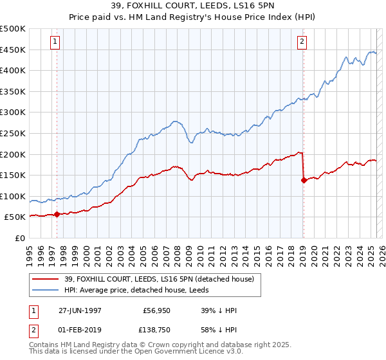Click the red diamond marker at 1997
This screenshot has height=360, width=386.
(x=57, y=214)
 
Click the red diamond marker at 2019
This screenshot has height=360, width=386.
(x=303, y=180)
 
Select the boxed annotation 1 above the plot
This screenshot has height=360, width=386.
(x=55, y=42)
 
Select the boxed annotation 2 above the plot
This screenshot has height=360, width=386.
(x=302, y=42)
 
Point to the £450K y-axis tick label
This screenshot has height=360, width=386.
(x=13, y=50)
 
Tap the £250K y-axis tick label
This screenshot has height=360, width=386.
(x=13, y=134)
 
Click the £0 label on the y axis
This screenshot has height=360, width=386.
(x=20, y=239)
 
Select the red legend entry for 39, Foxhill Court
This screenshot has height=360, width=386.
(x=161, y=279)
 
